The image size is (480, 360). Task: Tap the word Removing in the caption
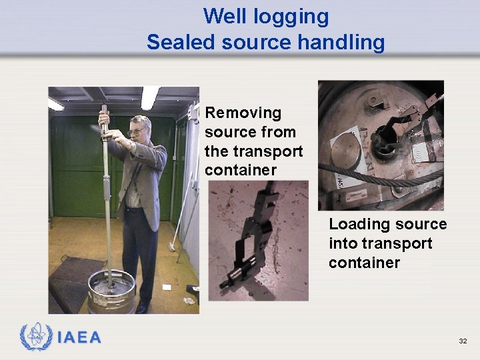click(243, 113)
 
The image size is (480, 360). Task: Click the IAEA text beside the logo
click(79, 338)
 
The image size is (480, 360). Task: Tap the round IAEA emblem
click(36, 337)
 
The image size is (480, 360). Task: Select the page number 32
click(463, 341)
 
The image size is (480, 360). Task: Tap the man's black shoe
click(142, 307)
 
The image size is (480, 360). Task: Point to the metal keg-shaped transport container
click(111, 291)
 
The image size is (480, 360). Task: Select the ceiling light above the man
click(148, 97)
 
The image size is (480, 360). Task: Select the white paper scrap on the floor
click(167, 287)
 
